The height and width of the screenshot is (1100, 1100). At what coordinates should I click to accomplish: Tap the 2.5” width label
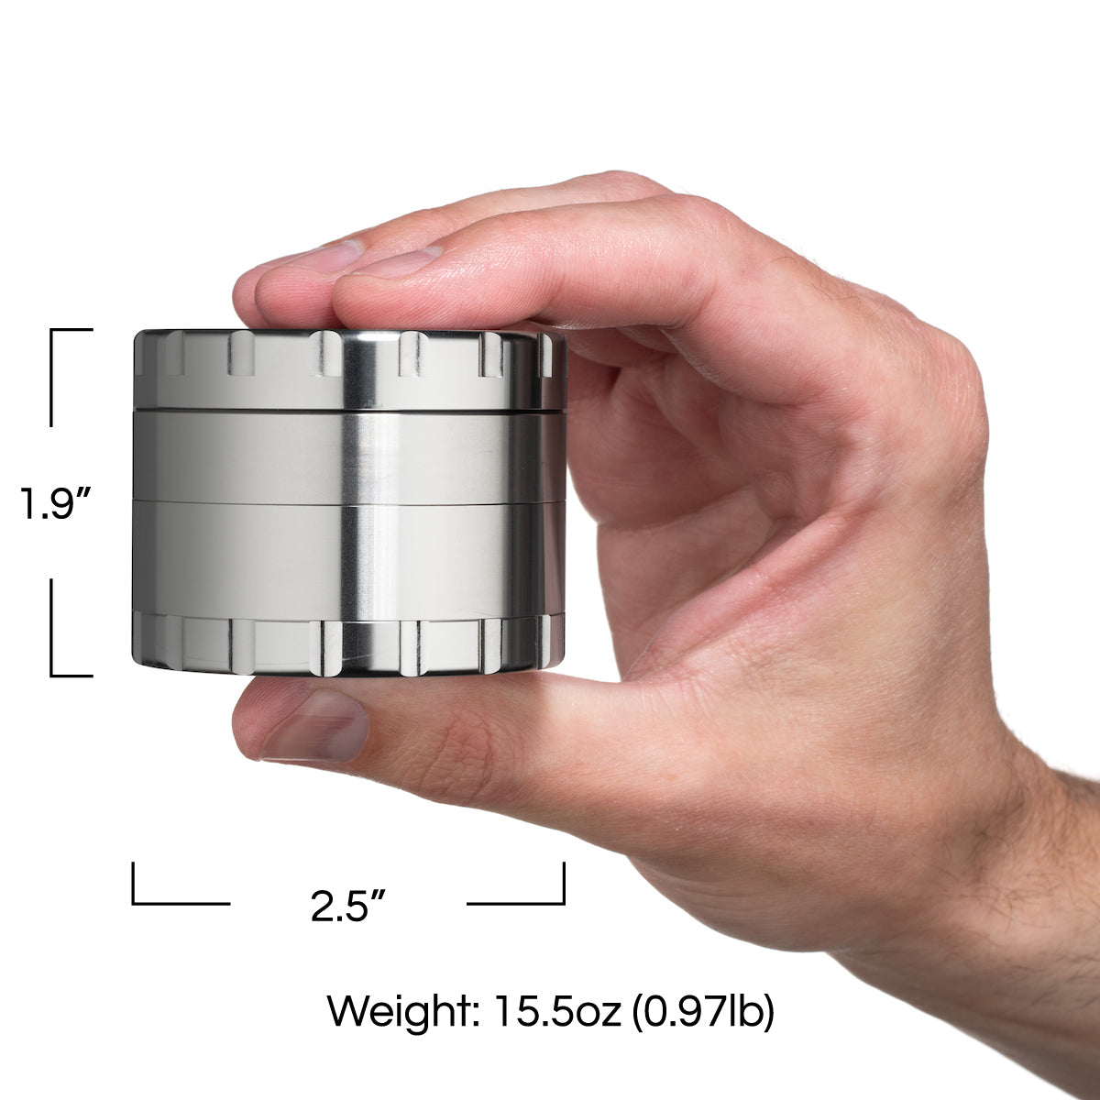346,906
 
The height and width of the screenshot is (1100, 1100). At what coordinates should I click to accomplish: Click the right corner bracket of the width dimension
532,894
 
